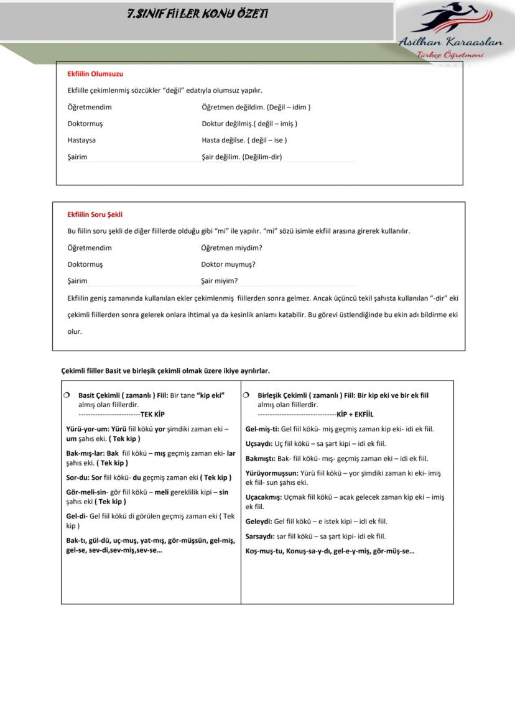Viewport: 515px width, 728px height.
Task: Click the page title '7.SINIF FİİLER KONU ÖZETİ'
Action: pyautogui.click(x=198, y=14)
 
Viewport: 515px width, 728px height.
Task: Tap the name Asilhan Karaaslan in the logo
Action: pyautogui.click(x=451, y=43)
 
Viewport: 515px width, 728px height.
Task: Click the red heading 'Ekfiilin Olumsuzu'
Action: pyautogui.click(x=95, y=74)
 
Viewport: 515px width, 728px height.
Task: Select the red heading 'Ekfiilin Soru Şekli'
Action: pyautogui.click(x=95, y=215)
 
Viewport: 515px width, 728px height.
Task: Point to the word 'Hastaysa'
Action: pyautogui.click(x=81, y=141)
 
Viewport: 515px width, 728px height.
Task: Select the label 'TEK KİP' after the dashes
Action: pyautogui.click(x=152, y=414)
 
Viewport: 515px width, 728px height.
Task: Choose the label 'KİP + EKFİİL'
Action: pyautogui.click(x=355, y=414)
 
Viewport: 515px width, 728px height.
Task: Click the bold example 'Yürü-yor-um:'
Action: pyautogui.click(x=87, y=429)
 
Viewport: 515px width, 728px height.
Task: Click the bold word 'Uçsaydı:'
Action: pyautogui.click(x=259, y=444)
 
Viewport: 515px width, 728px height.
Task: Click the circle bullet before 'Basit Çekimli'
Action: pyautogui.click(x=67, y=395)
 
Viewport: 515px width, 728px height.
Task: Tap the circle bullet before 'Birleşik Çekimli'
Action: pyautogui.click(x=247, y=395)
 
